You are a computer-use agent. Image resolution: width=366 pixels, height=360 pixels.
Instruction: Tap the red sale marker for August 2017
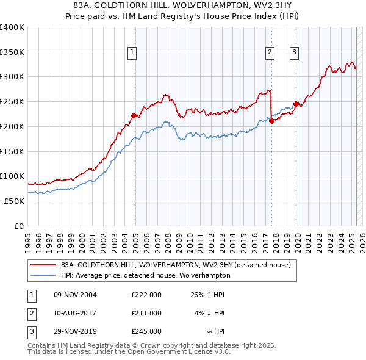coord(271,121)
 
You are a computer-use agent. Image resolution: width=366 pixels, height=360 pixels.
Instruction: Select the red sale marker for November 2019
coord(296,104)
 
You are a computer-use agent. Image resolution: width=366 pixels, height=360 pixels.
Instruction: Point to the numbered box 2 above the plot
coord(269,53)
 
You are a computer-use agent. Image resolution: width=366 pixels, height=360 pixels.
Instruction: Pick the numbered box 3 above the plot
coord(294,53)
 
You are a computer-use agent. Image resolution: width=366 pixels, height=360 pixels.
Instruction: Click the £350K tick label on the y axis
coord(12,52)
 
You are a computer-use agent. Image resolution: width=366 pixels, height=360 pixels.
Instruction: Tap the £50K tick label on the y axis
coord(15,201)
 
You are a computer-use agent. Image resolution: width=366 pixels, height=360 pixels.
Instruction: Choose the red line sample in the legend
coord(43,265)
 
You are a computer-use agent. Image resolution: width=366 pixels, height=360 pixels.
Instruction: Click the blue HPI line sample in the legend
coord(43,275)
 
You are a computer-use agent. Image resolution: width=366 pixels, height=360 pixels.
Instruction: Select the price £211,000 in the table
coord(146,313)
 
